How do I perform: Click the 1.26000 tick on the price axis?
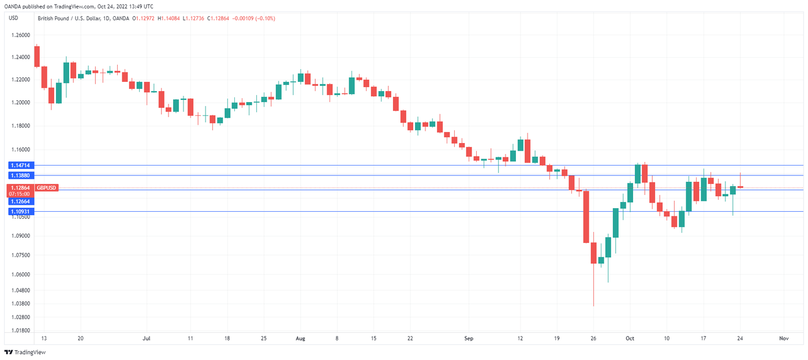(x=21, y=35)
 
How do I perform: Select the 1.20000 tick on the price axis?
(x=21, y=103)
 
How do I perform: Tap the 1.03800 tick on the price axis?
(x=21, y=303)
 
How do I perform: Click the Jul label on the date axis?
(x=147, y=339)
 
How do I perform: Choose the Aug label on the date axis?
(x=300, y=339)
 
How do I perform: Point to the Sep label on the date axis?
(x=469, y=339)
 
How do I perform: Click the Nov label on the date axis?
(x=784, y=339)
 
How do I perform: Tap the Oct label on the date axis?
(x=630, y=339)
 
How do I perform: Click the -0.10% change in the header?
(x=265, y=18)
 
